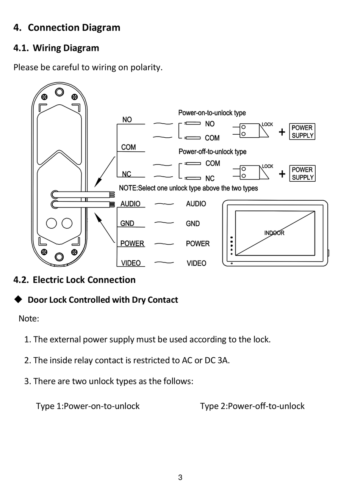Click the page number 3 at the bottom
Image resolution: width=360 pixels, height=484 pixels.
click(180, 477)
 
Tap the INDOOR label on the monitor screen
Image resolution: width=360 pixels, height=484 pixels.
click(274, 233)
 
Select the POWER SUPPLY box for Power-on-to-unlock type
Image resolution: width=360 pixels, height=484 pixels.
click(302, 132)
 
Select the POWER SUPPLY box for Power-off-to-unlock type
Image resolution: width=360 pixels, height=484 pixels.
click(302, 173)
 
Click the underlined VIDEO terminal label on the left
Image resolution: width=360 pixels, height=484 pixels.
click(131, 263)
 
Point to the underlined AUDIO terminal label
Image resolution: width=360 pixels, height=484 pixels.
click(130, 204)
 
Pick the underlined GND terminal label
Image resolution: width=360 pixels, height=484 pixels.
click(127, 223)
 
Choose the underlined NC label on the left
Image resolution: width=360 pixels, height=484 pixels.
click(126, 174)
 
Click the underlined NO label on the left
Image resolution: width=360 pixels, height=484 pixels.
click(127, 120)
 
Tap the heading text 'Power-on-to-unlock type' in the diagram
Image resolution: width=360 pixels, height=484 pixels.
click(212, 113)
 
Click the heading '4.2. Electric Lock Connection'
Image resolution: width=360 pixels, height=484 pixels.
click(74, 280)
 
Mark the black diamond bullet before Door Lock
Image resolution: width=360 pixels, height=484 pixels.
click(18, 299)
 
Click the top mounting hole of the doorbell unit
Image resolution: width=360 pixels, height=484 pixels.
click(59, 92)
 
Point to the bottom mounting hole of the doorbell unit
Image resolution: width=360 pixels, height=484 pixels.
click(59, 256)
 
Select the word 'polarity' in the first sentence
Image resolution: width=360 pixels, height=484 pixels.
click(146, 68)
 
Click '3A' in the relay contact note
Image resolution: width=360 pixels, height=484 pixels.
click(223, 360)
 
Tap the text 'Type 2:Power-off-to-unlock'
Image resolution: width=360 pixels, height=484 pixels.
click(252, 406)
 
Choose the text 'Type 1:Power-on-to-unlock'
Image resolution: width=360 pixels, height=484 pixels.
click(88, 406)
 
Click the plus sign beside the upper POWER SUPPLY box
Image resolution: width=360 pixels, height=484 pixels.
click(282, 132)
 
